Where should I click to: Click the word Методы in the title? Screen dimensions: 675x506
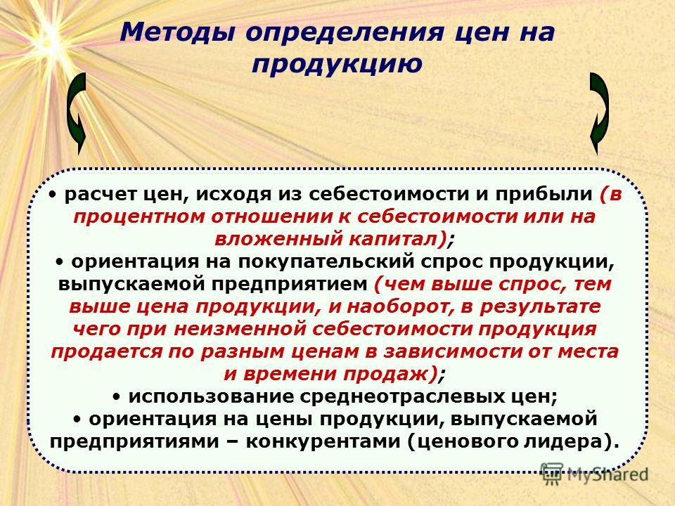177,32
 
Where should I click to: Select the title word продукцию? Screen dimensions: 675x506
337,65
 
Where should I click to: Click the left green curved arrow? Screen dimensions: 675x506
77,113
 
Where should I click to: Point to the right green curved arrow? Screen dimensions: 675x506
599,113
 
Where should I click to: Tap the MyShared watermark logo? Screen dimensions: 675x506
595,474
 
